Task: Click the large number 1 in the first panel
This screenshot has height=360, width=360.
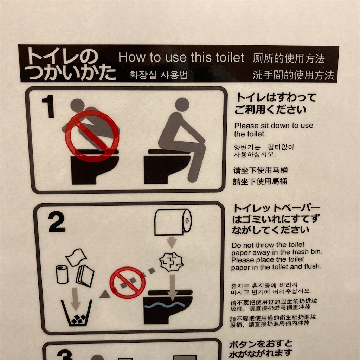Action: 48,106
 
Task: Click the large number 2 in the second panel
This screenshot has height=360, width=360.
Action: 57,222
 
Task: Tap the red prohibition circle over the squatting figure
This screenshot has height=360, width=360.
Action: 92,136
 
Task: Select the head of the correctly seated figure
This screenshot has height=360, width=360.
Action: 182,105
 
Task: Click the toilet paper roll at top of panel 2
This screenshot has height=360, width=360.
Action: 173,222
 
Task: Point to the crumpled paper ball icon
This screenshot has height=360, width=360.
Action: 171,262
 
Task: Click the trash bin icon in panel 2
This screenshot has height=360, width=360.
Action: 77,313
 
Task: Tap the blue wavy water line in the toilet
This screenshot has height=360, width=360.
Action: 165,306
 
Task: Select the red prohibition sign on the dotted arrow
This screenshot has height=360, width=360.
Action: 127,283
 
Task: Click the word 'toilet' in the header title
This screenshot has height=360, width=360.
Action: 230,57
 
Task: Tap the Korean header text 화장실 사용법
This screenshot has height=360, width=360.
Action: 159,75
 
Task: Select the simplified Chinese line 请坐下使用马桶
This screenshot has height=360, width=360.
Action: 261,170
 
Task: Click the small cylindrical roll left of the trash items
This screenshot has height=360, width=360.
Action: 62,274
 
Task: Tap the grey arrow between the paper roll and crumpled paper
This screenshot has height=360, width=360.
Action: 172,243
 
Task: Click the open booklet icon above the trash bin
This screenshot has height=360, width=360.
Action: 85,276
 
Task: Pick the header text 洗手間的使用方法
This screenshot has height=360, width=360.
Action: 293,75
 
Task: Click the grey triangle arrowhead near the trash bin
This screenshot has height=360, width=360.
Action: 105,294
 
